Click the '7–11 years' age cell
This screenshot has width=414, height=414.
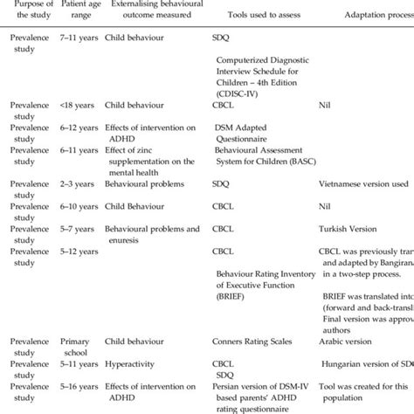pos(76,40)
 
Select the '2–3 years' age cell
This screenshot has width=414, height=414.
pos(74,185)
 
